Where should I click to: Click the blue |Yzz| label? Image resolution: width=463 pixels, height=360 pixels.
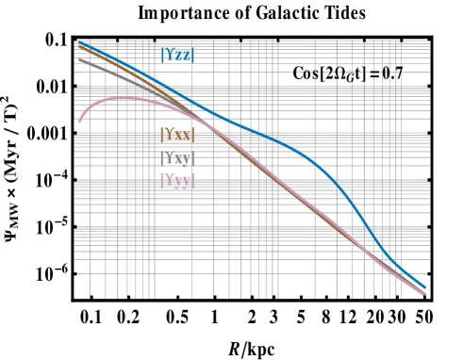pos(178,55)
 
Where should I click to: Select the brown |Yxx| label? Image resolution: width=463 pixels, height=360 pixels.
pos(177,135)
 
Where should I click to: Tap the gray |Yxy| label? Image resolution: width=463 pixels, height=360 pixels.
pos(177,158)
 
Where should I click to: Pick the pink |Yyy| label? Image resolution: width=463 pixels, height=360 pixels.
pos(177,181)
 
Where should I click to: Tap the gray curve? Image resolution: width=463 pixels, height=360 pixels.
pos(104,69)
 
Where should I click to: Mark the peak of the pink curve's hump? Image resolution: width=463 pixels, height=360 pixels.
pos(123,98)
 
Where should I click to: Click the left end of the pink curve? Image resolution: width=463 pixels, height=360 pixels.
pos(79,121)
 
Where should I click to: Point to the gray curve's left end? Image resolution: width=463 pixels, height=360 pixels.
pos(79,59)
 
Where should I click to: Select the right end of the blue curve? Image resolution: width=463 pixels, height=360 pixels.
pos(426,287)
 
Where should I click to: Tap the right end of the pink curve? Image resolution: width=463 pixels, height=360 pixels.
pos(426,295)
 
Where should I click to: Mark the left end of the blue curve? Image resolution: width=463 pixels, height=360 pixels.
pos(78,41)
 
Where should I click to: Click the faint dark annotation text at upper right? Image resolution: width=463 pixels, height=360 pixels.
pos(344,74)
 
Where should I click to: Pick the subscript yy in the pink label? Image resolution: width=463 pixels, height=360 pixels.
pos(186,183)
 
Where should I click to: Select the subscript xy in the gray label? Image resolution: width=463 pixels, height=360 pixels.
pos(186,160)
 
